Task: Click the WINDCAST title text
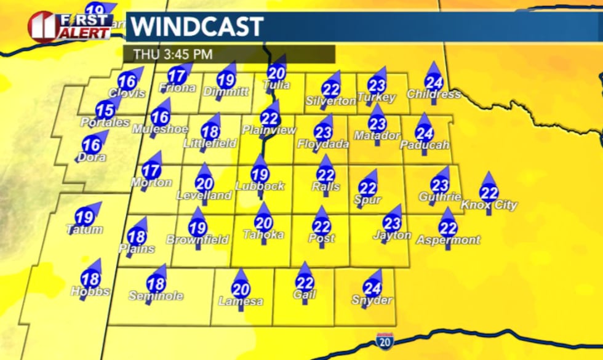[198, 27]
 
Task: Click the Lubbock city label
[260, 186]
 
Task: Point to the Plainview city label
[269, 130]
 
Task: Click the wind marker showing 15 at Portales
[106, 110]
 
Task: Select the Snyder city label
[372, 300]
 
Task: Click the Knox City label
[489, 205]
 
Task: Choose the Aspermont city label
[448, 240]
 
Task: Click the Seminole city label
[156, 296]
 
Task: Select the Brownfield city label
[198, 239]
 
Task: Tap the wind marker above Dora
[92, 146]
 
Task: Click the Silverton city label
[331, 100]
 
